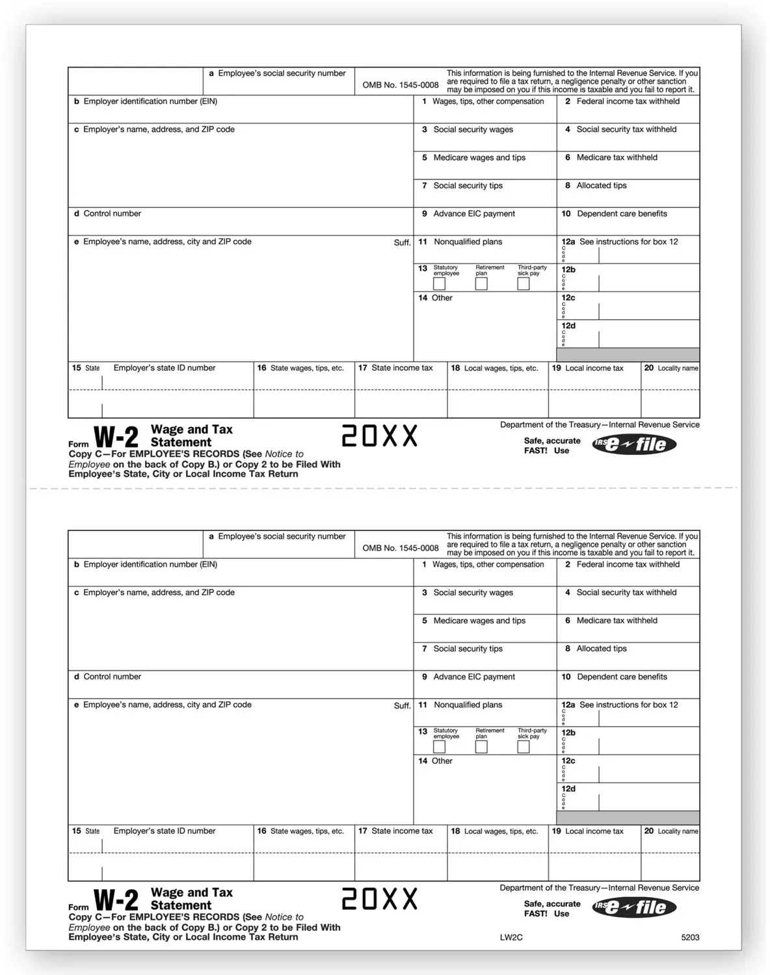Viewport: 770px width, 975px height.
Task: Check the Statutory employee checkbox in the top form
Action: coord(440,284)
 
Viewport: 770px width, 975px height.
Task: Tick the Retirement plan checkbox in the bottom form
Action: coord(481,747)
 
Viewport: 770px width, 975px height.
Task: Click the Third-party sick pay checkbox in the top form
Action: coord(524,284)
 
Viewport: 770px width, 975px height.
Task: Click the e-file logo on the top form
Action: coord(634,445)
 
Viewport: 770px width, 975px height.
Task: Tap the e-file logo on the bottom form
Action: coord(634,907)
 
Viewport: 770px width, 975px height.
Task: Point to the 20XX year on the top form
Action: coord(380,437)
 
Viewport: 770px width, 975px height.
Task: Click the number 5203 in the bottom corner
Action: coord(690,937)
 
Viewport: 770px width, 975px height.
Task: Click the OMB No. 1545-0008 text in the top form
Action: coord(401,85)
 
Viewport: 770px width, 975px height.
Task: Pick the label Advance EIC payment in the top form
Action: coord(474,214)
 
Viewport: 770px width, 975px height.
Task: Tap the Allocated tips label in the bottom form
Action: coord(602,649)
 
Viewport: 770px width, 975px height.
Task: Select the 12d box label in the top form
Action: coord(568,326)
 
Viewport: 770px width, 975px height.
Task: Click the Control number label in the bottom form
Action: coord(112,677)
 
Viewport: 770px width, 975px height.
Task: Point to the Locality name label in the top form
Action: coord(678,369)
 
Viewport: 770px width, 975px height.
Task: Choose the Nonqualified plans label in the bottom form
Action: coord(468,705)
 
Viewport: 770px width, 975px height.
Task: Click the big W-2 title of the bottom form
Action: coord(116,900)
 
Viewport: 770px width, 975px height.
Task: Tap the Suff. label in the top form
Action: coord(402,242)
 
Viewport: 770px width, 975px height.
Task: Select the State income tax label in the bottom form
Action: coord(401,831)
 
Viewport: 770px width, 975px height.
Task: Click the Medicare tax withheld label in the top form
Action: coord(617,157)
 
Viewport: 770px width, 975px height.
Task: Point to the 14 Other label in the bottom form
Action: coord(436,761)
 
